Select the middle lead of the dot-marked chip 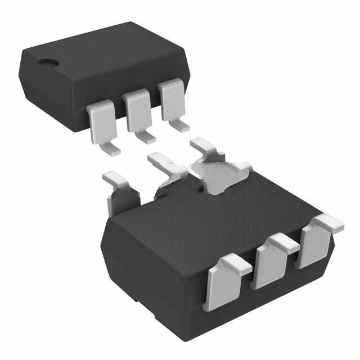pos(137,110)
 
